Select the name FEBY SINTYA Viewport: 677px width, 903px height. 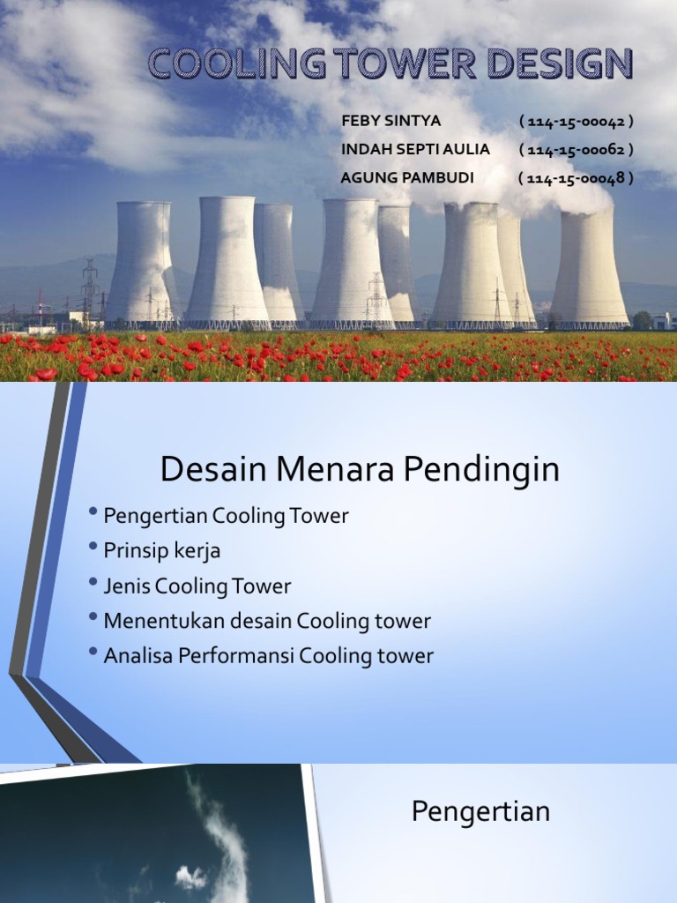(391, 121)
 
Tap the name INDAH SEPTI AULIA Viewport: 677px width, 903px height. (415, 149)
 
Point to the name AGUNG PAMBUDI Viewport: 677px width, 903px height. (407, 178)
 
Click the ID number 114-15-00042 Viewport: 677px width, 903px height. (577, 121)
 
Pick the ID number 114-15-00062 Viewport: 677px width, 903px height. (577, 149)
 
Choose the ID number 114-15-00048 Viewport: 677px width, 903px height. (577, 178)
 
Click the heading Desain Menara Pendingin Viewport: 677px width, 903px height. (360, 470)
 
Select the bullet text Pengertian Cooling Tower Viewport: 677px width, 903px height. (226, 516)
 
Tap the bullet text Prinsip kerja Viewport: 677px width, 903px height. (161, 551)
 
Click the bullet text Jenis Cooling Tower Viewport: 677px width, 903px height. (197, 586)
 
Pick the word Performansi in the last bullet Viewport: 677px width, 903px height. (240, 656)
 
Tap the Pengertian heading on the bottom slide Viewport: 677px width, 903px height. (480, 811)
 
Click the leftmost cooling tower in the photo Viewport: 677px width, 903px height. (141, 265)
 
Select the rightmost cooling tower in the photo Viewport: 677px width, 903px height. (589, 269)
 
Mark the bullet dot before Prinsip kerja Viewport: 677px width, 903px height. (93, 549)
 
